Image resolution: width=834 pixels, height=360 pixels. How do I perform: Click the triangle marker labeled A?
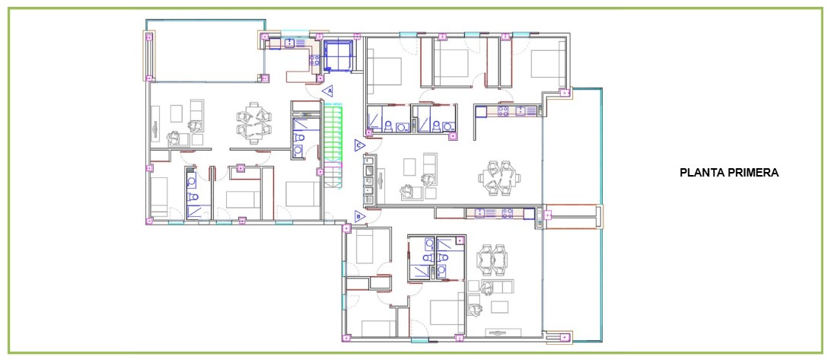(328, 91)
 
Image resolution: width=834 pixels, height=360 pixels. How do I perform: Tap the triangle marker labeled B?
(359, 216)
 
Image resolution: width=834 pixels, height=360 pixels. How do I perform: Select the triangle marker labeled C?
(360, 145)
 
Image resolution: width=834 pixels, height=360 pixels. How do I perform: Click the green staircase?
(333, 145)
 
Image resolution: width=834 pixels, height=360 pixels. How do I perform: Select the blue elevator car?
(339, 55)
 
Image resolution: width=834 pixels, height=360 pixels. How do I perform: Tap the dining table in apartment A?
(253, 123)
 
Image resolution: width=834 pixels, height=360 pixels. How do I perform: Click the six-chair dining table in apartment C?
(497, 177)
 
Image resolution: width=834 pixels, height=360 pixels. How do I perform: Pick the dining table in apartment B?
(492, 259)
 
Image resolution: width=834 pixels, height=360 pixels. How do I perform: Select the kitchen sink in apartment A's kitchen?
(291, 43)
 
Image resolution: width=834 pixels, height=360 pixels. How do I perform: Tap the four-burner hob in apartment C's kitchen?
(503, 111)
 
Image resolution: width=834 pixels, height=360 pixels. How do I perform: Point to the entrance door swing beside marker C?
(375, 145)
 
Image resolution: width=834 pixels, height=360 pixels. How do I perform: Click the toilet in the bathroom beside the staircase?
(300, 137)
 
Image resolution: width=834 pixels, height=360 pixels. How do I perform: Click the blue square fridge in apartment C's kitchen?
(482, 112)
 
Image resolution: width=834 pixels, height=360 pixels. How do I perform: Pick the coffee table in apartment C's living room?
(410, 167)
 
